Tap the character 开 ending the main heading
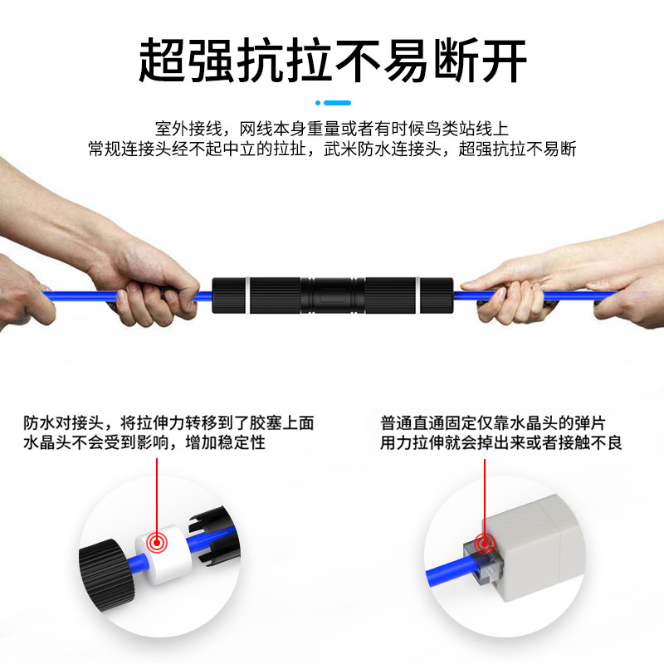(x=504, y=60)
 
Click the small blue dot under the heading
(x=318, y=103)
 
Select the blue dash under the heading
(x=338, y=103)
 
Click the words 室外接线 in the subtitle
(x=188, y=129)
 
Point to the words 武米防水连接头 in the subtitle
(x=383, y=149)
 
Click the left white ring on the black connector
(x=247, y=295)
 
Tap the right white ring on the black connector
(x=417, y=295)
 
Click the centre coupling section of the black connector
(x=333, y=295)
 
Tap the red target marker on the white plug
(x=157, y=542)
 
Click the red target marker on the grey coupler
(x=485, y=544)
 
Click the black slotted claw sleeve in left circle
(x=214, y=535)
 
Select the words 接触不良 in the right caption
(x=590, y=442)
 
